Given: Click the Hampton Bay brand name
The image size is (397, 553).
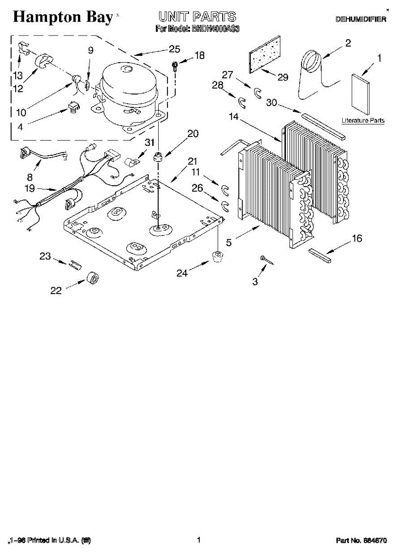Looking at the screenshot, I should tap(63, 17).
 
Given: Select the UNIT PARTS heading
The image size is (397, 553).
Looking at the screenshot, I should tap(197, 17).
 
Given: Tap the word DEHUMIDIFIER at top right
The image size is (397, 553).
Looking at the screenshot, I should tap(360, 19).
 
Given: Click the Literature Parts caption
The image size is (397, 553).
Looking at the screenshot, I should tap(363, 120).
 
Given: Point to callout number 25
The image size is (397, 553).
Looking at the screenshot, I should tap(174, 49).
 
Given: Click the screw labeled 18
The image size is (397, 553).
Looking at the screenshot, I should tap(175, 65).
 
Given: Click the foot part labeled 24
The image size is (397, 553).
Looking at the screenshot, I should tap(216, 255).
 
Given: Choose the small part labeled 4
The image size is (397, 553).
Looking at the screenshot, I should tap(73, 107).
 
